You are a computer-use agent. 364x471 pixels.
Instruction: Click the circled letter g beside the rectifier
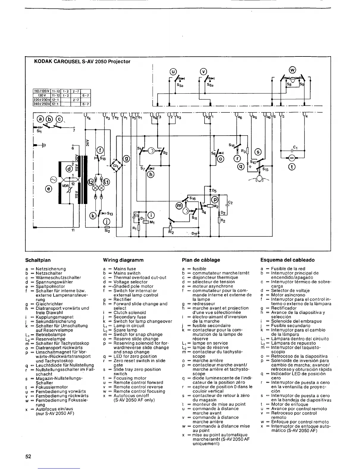[x=126, y=158]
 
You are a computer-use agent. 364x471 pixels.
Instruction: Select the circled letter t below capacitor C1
[x=292, y=167]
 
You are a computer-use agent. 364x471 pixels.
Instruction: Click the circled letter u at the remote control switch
[x=173, y=71]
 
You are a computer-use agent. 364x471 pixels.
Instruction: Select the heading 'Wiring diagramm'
[x=123, y=260]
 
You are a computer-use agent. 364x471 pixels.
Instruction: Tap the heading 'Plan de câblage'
[x=201, y=260]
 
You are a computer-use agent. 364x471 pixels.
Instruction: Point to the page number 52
[x=28, y=456]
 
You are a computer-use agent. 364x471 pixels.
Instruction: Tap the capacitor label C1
[x=295, y=147]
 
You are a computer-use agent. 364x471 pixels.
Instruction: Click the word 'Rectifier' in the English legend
[x=122, y=299]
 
